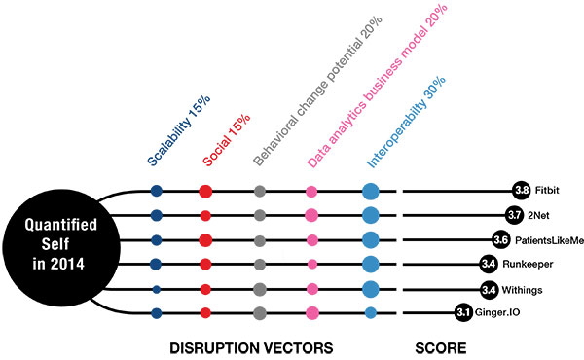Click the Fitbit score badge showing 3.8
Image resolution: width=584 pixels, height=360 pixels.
coord(522,191)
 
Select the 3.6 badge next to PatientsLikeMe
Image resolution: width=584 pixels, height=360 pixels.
coord(501,239)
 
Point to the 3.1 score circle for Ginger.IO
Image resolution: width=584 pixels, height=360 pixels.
coord(463,312)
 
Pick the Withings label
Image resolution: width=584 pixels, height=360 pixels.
coord(528,289)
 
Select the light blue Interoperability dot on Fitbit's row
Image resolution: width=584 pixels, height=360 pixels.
coord(370,191)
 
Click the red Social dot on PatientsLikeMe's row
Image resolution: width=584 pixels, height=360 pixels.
coord(205,239)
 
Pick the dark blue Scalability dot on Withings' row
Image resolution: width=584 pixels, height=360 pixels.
coord(156,289)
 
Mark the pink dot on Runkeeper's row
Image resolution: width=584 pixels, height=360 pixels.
coord(311,264)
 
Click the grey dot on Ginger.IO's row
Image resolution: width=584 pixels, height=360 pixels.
coord(259,312)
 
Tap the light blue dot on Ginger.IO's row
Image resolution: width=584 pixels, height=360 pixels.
coord(370,312)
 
